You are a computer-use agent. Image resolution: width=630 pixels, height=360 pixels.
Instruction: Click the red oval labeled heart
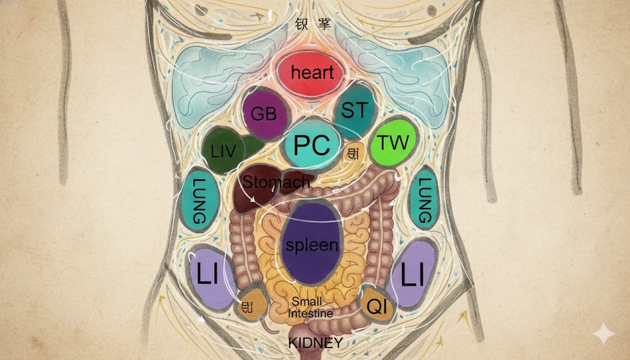[313, 73]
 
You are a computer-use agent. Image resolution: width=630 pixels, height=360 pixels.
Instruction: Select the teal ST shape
[354, 112]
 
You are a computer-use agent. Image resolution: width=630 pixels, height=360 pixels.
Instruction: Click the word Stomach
[276, 182]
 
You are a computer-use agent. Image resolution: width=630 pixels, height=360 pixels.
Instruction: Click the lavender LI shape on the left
[209, 275]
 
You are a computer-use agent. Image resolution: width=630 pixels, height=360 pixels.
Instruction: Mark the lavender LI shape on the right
[413, 274]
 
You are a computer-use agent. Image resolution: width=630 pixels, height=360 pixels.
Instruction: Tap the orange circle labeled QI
[377, 306]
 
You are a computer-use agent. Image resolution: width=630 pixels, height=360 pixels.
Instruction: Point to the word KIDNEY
[316, 343]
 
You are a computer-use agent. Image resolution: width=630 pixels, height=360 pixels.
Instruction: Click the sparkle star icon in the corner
[603, 334]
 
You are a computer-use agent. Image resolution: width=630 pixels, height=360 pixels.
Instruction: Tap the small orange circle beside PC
[354, 154]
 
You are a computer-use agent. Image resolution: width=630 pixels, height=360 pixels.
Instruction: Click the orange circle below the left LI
[247, 306]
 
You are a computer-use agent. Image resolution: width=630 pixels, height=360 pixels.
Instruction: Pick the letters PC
[312, 145]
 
